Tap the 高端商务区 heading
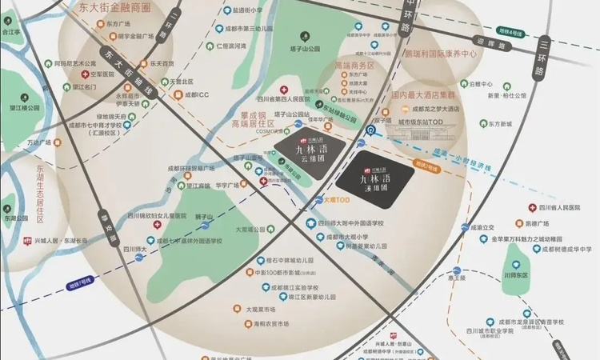click(354, 65)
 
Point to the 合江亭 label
click(11, 33)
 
